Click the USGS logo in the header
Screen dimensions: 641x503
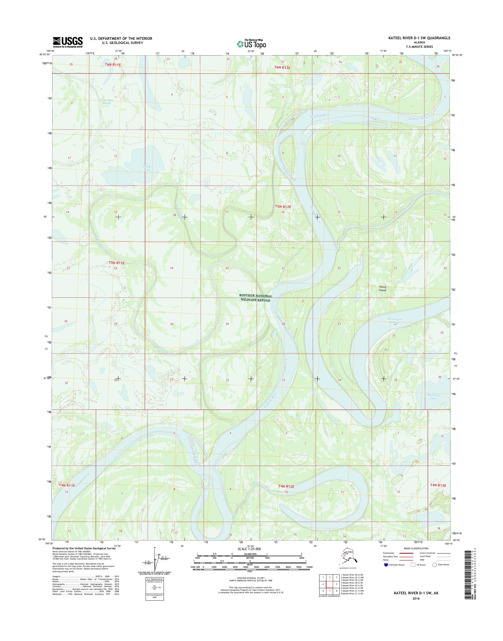[67, 42]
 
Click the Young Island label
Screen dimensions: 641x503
[382, 288]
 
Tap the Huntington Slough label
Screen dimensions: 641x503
[395, 321]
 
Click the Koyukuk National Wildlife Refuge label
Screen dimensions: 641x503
[256, 298]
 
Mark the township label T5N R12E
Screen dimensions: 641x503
[283, 207]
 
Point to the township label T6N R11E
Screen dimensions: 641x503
[113, 64]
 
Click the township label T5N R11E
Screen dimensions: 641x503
[117, 263]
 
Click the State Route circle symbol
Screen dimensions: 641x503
[434, 565]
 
